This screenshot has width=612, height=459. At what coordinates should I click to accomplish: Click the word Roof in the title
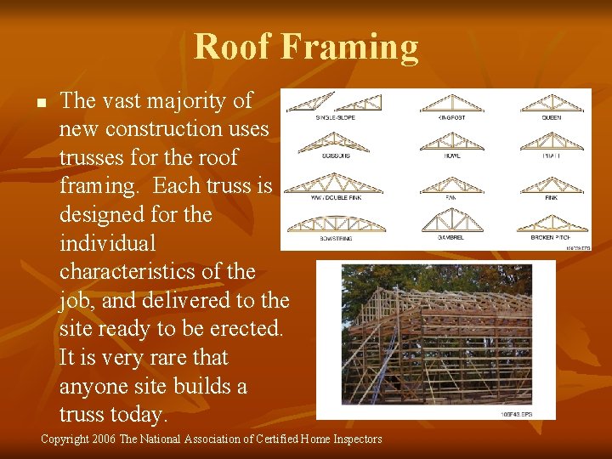pos(235,47)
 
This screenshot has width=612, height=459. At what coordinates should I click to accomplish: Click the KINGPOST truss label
pos(450,117)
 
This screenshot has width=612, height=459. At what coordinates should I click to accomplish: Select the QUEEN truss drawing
pos(551,103)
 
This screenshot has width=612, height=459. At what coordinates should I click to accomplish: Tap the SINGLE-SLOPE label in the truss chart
pos(335,117)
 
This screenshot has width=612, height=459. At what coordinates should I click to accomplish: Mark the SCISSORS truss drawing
pos(335,142)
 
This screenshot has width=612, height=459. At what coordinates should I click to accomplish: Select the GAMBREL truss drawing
pos(450,224)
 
